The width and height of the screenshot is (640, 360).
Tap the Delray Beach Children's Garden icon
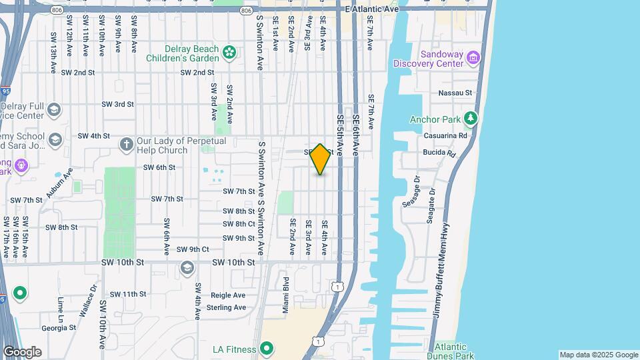(x=229, y=52)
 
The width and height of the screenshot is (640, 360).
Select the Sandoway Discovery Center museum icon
(x=473, y=57)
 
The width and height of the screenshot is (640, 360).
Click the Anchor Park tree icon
(x=471, y=118)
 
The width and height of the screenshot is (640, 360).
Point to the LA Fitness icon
(x=267, y=349)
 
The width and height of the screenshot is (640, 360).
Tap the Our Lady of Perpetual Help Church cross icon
(x=126, y=144)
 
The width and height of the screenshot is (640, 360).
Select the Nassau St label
(x=456, y=93)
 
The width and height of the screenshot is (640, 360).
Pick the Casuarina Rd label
(x=445, y=135)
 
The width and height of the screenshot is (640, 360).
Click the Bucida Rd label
(x=441, y=153)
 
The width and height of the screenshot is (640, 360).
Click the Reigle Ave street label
(x=228, y=295)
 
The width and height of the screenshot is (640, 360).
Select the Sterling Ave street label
(x=227, y=307)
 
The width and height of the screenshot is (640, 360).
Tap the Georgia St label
(x=59, y=328)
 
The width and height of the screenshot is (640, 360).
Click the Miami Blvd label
(x=285, y=295)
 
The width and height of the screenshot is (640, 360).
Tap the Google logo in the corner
(x=22, y=351)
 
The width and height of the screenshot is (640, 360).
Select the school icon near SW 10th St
(x=187, y=268)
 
